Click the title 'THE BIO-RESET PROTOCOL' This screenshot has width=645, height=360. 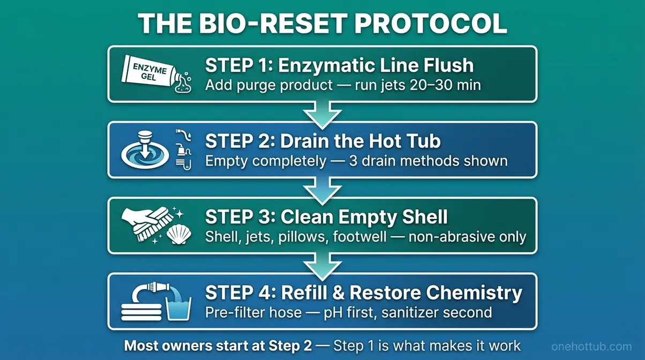[322, 24]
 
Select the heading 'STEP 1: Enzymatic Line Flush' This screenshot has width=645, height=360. [339, 65]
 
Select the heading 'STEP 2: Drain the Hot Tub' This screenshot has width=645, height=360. [322, 141]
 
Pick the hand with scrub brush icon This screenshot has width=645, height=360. [144, 221]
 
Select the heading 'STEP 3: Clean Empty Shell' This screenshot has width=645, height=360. [326, 217]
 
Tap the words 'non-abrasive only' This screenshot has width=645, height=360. [467, 237]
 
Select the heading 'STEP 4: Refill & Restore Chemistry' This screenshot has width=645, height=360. [363, 293]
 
